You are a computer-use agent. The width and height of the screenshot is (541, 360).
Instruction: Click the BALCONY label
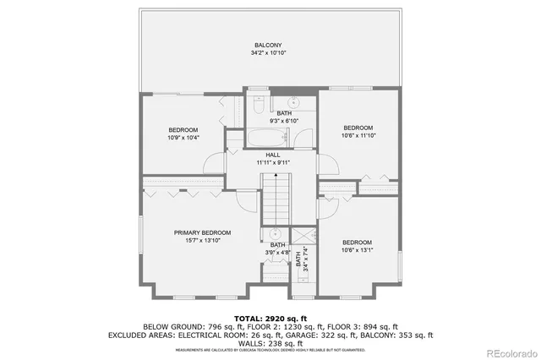[268, 45]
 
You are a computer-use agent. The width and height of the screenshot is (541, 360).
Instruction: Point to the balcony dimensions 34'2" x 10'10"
[268, 53]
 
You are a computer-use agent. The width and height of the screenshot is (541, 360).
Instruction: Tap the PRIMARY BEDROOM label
[202, 232]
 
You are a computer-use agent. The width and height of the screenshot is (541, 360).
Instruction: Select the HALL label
[273, 155]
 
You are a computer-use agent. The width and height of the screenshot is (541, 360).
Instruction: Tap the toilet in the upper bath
[260, 106]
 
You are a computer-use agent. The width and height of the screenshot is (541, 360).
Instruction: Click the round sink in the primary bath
[276, 236]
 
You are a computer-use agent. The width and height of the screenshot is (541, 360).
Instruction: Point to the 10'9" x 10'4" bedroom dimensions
[183, 138]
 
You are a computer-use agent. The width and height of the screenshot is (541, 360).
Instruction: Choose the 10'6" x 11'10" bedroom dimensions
[358, 134]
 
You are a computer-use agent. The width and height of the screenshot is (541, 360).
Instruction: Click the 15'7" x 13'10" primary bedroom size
[202, 241]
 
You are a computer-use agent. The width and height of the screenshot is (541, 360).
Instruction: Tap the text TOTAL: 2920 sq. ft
[270, 317]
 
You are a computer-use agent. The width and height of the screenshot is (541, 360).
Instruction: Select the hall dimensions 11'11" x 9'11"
[273, 162]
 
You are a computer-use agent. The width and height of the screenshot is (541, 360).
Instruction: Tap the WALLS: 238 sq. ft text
[270, 343]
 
